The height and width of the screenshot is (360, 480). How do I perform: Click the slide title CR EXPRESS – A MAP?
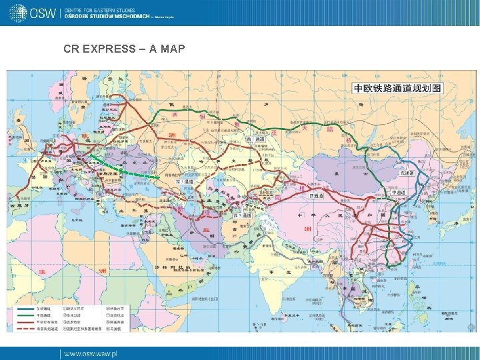(x=124, y=49)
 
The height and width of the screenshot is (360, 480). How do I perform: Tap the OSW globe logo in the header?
(x=18, y=11)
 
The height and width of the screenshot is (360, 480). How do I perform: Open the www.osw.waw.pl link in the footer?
(x=90, y=353)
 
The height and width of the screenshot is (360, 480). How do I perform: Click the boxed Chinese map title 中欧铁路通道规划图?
(x=397, y=88)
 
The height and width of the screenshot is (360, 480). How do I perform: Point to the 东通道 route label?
(x=407, y=173)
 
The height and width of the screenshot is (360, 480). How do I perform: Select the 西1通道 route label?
(x=185, y=181)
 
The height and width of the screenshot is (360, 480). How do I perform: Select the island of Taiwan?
(x=420, y=251)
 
